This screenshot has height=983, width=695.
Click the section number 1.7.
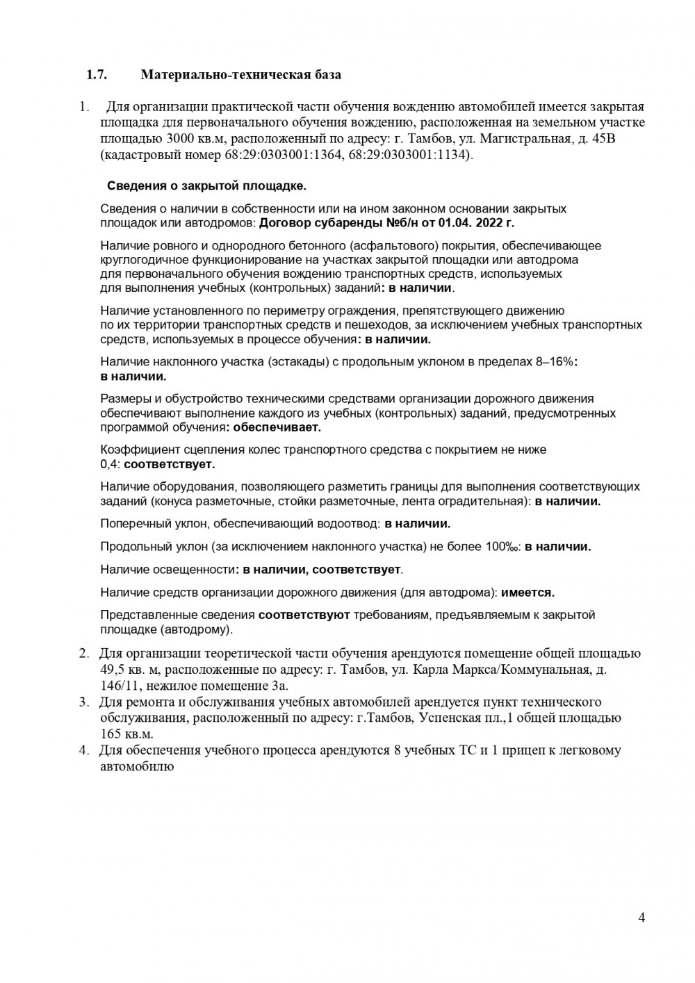pyautogui.click(x=96, y=75)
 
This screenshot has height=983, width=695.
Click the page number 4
pyautogui.click(x=641, y=918)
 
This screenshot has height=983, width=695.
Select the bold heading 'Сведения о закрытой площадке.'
pyautogui.click(x=206, y=186)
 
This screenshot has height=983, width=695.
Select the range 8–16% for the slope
pyautogui.click(x=553, y=362)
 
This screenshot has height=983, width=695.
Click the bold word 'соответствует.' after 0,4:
pyautogui.click(x=170, y=464)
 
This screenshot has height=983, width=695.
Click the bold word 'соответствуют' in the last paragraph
pyautogui.click(x=304, y=615)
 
